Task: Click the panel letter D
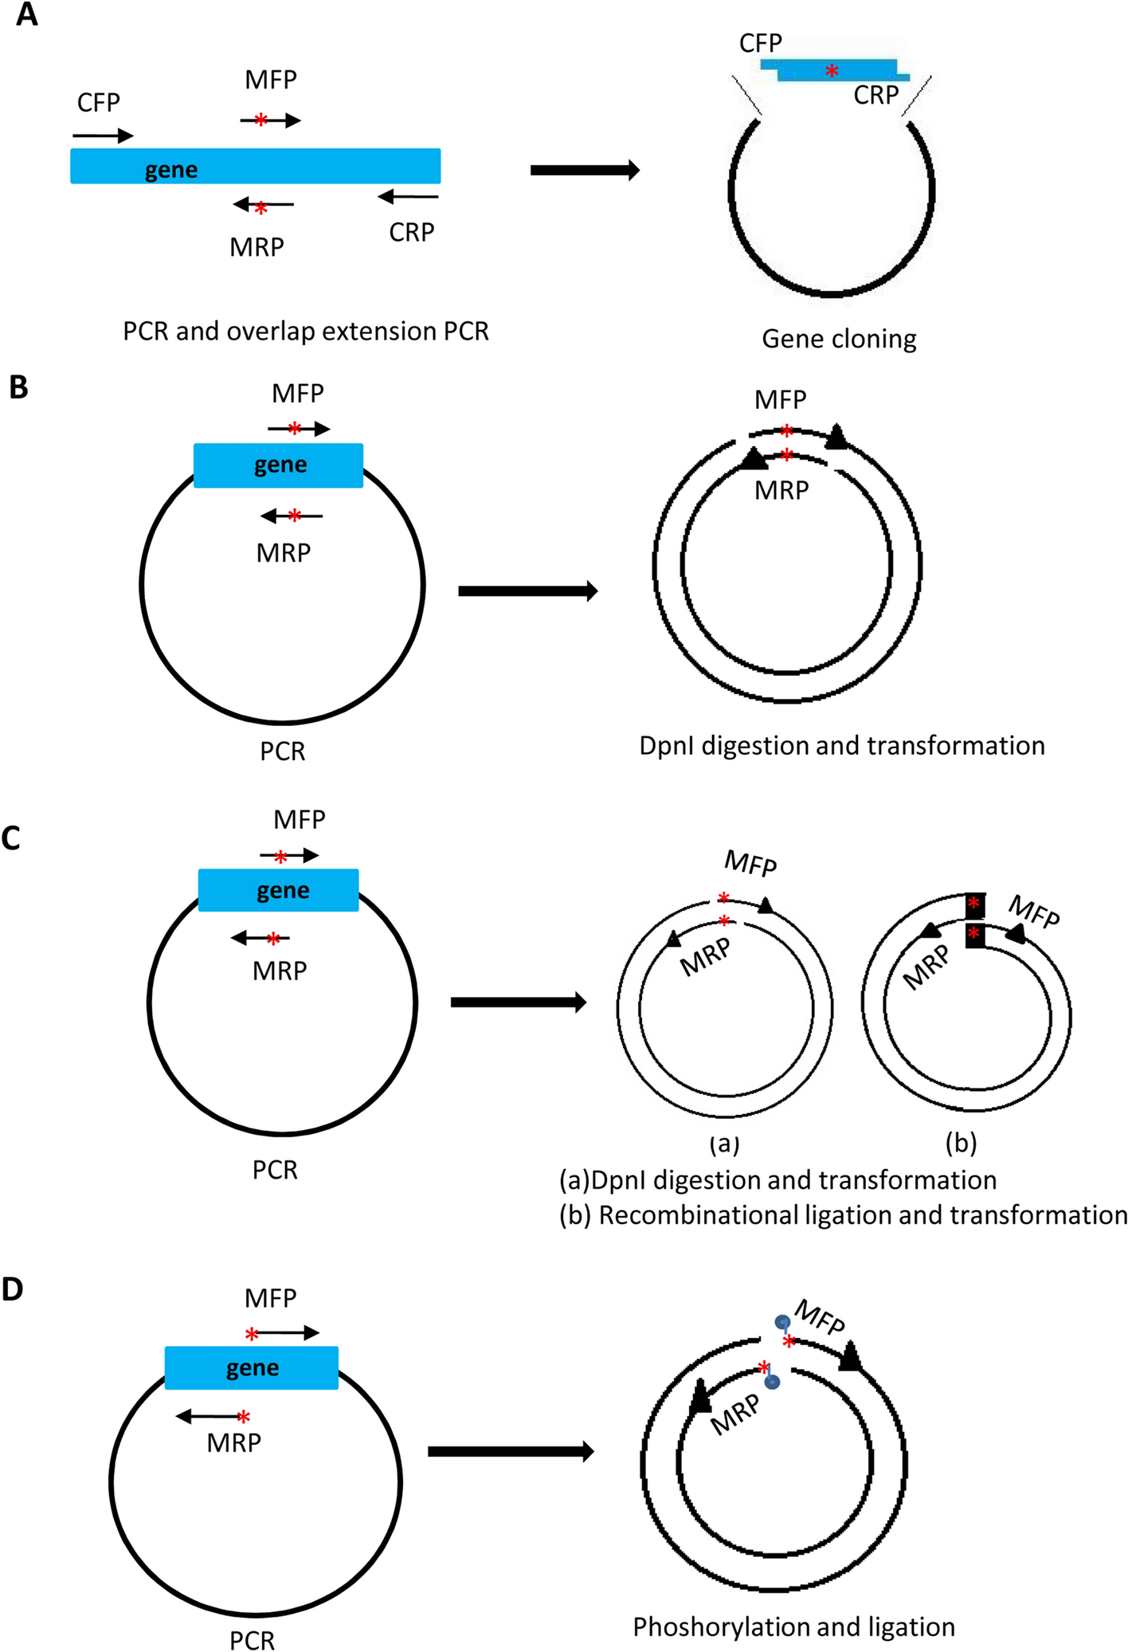[13, 1289]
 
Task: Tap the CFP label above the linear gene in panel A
[99, 103]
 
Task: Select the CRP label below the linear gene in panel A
[411, 232]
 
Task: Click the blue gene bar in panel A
[255, 167]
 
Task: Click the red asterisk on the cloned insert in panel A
[831, 71]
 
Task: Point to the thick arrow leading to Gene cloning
[585, 170]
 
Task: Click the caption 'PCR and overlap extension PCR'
[305, 331]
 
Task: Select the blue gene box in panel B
[278, 465]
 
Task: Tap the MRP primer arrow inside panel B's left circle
[292, 516]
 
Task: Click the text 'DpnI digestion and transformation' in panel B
[841, 746]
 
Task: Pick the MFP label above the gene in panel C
[300, 819]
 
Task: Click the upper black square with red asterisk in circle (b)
[974, 905]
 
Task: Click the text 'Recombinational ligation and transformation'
[862, 1215]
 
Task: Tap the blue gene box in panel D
[251, 1368]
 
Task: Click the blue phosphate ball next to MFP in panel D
[782, 1322]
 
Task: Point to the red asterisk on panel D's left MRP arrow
[244, 1417]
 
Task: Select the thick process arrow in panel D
[511, 1451]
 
